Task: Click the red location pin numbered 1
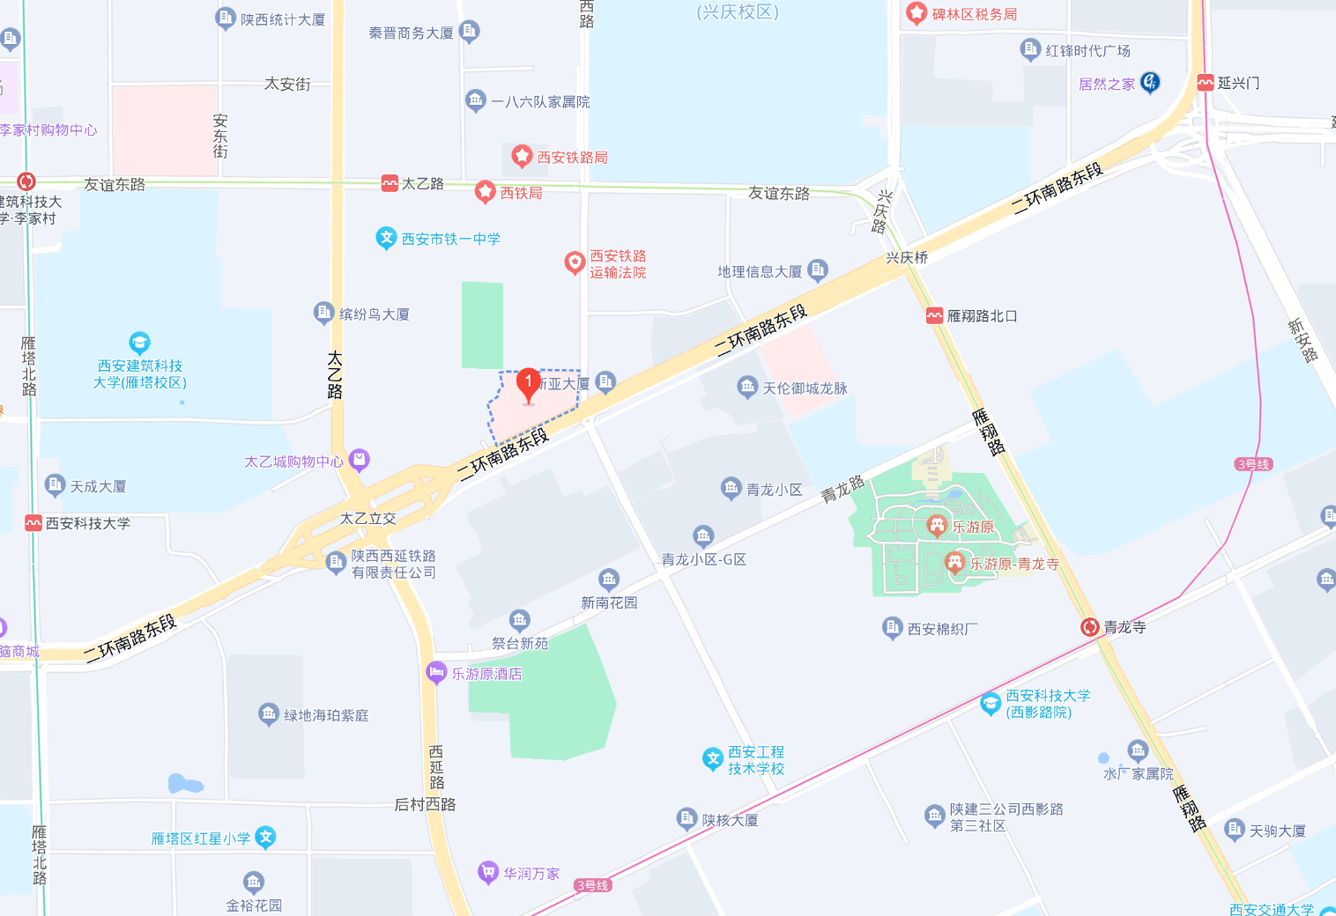[x=528, y=383]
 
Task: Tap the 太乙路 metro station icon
[x=390, y=183]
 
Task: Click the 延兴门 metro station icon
[x=1206, y=83]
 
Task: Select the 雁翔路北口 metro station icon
[x=934, y=316]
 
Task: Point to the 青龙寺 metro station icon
[x=1090, y=627]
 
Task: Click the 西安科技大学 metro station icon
[x=33, y=523]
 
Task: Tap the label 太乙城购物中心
[x=293, y=462]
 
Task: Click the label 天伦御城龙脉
[x=805, y=388]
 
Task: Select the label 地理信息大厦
[x=760, y=272]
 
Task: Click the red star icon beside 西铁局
[x=485, y=191]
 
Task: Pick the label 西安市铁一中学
[x=450, y=239]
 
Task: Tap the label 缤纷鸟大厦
[x=374, y=314]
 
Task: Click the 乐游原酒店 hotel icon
[x=436, y=673]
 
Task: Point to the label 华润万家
[x=531, y=874]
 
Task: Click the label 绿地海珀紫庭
[x=326, y=715]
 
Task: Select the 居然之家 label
[x=1107, y=85]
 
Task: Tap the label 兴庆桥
[x=907, y=258]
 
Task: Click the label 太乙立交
[x=368, y=519]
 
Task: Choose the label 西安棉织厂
[x=942, y=629]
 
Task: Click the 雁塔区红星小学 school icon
[x=265, y=838]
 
